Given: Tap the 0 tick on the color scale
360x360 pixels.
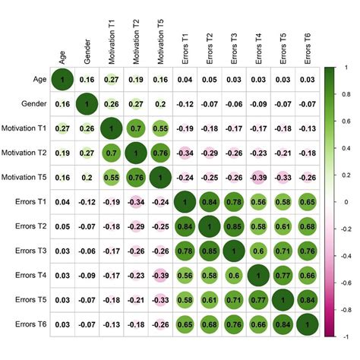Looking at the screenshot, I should tap(341, 201).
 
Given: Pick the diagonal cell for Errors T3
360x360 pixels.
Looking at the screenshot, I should tap(232, 251).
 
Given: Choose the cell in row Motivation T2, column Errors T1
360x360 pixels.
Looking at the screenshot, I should tap(184, 153).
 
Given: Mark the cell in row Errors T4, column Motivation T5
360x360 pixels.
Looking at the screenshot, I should tap(159, 275).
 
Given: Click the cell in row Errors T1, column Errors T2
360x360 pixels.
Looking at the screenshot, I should tap(208, 202).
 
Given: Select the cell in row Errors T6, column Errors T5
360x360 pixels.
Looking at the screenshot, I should tap(282, 324).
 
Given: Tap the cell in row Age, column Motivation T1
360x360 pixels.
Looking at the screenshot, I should tap(111, 79).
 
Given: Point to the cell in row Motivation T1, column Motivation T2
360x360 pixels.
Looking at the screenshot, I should tap(135, 128).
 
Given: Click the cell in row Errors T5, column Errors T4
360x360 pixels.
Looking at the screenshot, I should tap(257, 300).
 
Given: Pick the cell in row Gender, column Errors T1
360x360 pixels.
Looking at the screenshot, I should tap(184, 103).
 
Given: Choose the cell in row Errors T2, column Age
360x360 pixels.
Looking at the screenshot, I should tap(62, 226).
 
